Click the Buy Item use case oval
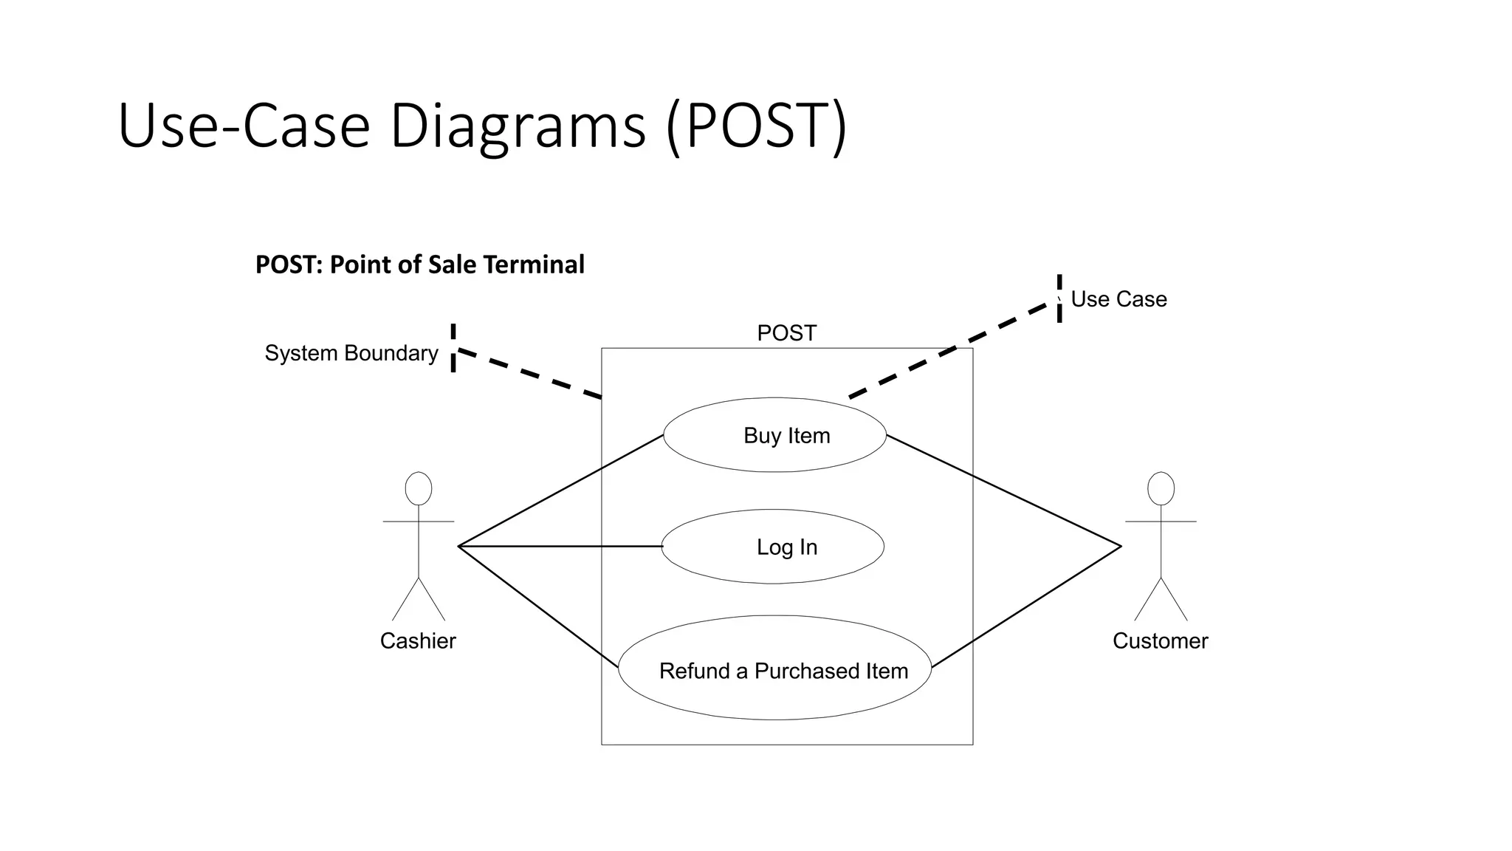click(x=774, y=435)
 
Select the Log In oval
click(x=773, y=547)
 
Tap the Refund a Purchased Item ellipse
click(x=774, y=669)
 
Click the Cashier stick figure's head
click(x=419, y=489)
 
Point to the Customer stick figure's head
click(x=1161, y=489)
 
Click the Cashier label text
click(x=418, y=640)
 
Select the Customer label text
click(x=1160, y=640)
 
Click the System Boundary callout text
click(x=351, y=353)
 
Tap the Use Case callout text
click(x=1118, y=299)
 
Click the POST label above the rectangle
click(x=786, y=333)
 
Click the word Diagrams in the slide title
click(x=518, y=126)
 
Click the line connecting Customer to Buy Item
click(x=1004, y=491)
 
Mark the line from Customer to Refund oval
click(x=1026, y=607)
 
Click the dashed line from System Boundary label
click(x=528, y=374)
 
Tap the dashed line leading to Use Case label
click(x=952, y=351)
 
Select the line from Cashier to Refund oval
click(x=538, y=606)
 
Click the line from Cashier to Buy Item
click(x=561, y=491)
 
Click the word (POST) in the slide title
click(x=757, y=126)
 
